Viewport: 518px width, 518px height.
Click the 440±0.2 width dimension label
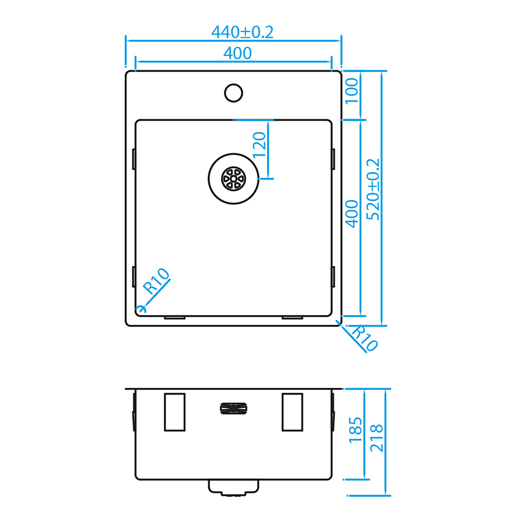(x=243, y=32)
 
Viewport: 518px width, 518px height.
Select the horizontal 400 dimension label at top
(x=237, y=53)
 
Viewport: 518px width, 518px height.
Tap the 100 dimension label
(x=352, y=91)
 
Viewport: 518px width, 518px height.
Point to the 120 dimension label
(x=260, y=144)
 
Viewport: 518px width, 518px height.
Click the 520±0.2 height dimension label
(x=374, y=189)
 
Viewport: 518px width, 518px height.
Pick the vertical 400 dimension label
(x=352, y=214)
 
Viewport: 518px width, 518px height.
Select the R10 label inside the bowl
(x=156, y=281)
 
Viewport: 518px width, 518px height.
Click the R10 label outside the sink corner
(x=365, y=339)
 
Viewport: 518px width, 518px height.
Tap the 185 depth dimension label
(x=356, y=430)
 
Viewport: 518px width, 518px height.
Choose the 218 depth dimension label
(x=377, y=438)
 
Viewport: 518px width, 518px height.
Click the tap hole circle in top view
(x=233, y=93)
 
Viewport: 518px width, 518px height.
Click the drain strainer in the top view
(x=233, y=179)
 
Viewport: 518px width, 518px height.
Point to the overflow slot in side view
(x=233, y=409)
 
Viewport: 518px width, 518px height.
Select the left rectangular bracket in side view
(x=175, y=412)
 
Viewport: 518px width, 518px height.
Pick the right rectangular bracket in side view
(x=292, y=412)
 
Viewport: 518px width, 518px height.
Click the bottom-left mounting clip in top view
(x=175, y=317)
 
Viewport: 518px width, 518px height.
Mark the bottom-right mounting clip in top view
(x=292, y=317)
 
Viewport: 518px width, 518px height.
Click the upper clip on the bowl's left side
(x=134, y=159)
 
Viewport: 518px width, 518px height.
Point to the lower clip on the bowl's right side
(x=333, y=277)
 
